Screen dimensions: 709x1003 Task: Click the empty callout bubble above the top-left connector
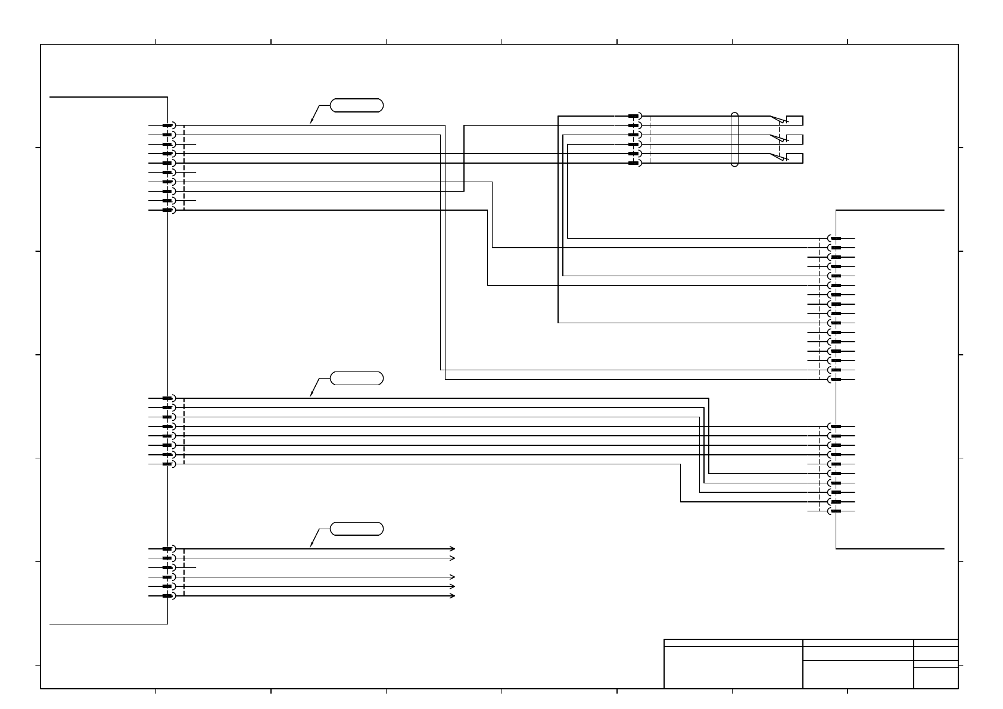click(x=357, y=106)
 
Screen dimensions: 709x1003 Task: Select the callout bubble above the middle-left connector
click(x=357, y=378)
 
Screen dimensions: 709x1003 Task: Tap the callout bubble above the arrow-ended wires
click(x=357, y=529)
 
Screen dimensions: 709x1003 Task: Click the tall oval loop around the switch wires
click(x=735, y=139)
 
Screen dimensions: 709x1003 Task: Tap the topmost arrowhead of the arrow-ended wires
click(x=453, y=548)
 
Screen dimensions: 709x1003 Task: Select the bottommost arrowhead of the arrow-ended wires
click(x=453, y=596)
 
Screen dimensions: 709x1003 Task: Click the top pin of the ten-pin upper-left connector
click(x=168, y=125)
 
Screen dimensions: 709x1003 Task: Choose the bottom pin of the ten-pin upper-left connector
click(x=168, y=210)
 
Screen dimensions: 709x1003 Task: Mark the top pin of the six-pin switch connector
click(x=634, y=116)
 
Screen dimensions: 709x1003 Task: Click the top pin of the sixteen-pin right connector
click(x=835, y=238)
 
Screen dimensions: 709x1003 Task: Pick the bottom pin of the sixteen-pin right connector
click(x=835, y=379)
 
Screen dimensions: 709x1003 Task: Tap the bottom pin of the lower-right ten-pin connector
click(x=835, y=511)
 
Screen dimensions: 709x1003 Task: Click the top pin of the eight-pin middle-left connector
click(x=168, y=398)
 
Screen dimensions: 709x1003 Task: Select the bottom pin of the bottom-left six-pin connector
click(x=168, y=596)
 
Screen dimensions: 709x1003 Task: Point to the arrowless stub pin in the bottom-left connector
click(x=168, y=567)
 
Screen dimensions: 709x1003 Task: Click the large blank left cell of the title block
click(x=733, y=667)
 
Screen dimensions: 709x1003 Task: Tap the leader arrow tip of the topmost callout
click(x=310, y=124)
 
